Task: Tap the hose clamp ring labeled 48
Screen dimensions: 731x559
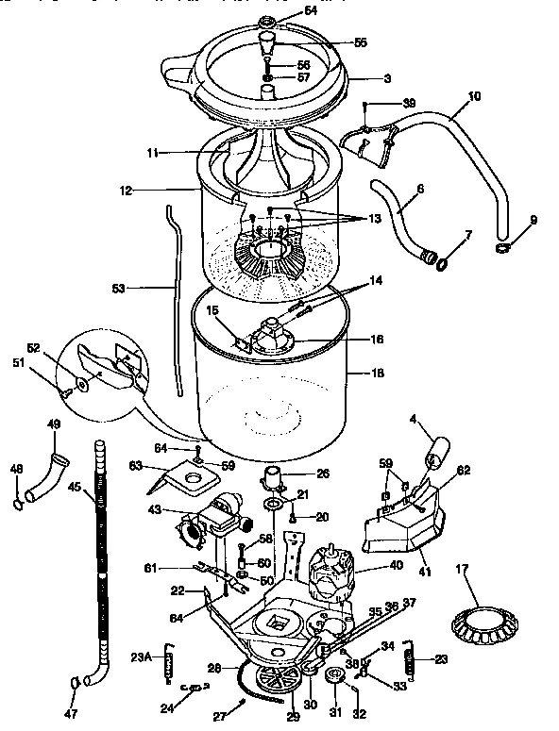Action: (18, 504)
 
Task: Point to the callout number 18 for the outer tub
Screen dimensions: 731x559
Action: (378, 374)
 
